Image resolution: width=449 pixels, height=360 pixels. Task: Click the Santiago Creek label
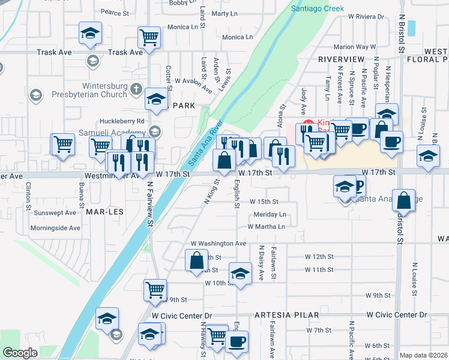318,8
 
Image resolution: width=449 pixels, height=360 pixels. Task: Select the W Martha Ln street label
266,227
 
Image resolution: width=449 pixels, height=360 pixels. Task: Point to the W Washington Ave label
218,244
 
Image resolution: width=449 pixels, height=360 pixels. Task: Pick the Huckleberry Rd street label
124,121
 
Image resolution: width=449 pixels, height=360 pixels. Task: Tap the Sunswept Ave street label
55,212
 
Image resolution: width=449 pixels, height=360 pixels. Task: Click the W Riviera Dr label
370,17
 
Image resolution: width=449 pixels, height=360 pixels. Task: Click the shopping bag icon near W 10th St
196,261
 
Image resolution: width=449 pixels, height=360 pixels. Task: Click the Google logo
20,353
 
